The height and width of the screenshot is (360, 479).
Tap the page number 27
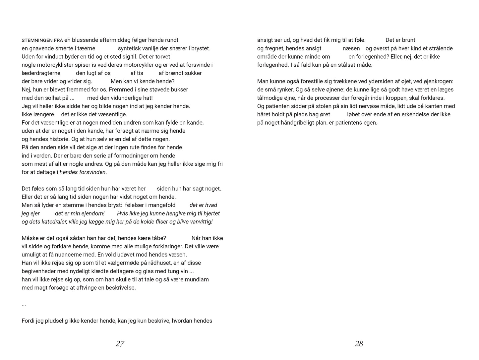120,344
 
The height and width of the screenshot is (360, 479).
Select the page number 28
359,344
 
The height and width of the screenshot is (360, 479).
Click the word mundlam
197,279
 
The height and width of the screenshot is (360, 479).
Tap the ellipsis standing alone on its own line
24,305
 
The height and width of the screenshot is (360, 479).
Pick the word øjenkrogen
439,82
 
